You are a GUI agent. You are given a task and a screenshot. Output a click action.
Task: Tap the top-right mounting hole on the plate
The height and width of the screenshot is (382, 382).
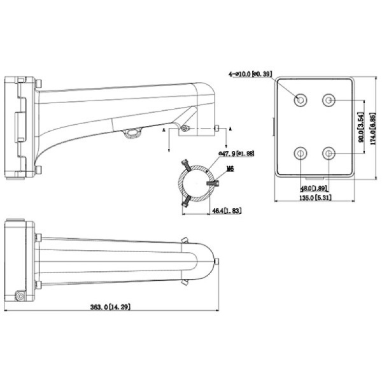[329, 100]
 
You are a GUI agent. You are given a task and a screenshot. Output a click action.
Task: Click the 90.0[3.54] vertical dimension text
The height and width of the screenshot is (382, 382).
[360, 127]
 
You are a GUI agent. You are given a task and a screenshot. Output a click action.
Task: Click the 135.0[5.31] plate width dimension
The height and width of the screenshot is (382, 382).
[313, 199]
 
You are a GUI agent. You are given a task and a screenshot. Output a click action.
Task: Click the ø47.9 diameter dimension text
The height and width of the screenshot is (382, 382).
[236, 153]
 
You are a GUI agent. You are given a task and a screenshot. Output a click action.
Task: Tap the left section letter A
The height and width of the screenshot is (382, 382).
[164, 129]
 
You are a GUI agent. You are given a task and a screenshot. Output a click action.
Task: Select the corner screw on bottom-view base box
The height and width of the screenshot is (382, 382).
[20, 297]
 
